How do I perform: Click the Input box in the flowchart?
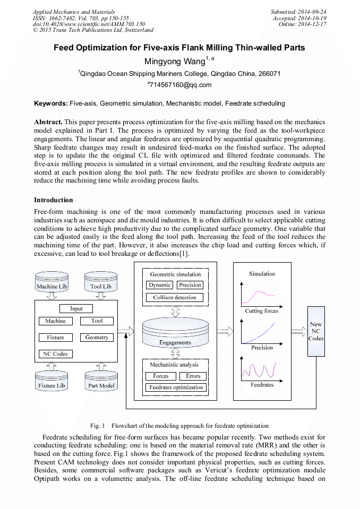pyautogui.click(x=76, y=308)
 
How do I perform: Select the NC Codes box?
pyautogui.click(x=56, y=354)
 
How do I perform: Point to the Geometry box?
pyautogui.click(x=97, y=338)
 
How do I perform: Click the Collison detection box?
pyautogui.click(x=174, y=298)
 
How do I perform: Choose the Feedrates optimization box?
pyautogui.click(x=176, y=387)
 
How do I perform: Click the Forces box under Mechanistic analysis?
pyautogui.click(x=160, y=376)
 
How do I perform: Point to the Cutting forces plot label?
pyautogui.click(x=261, y=311)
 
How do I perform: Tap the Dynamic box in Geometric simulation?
pyautogui.click(x=159, y=285)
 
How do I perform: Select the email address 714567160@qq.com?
pyautogui.click(x=180, y=85)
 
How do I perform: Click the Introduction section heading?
pyautogui.click(x=54, y=200)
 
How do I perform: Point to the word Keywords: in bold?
pyautogui.click(x=51, y=103)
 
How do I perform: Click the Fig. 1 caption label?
pyautogui.click(x=98, y=426)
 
